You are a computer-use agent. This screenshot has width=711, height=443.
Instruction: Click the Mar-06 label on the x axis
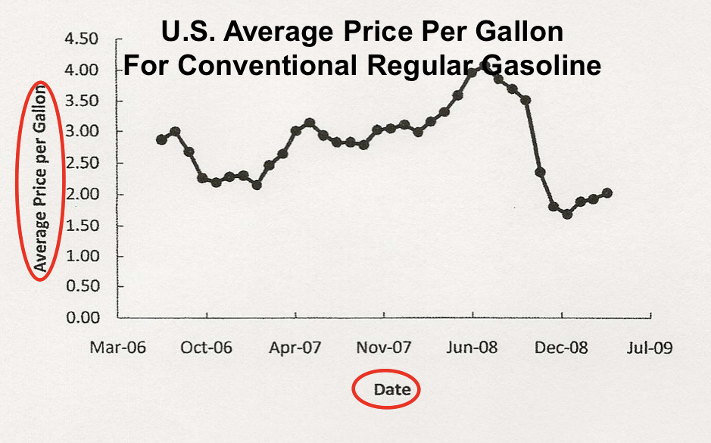(x=117, y=348)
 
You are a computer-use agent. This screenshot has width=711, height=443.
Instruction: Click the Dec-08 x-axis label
(x=561, y=348)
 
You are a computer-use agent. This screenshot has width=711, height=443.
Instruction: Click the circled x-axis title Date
(x=392, y=390)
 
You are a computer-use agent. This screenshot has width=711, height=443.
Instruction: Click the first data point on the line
(x=161, y=139)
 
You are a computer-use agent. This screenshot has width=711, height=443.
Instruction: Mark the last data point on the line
(x=607, y=193)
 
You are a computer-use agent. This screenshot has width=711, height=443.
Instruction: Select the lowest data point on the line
(x=567, y=214)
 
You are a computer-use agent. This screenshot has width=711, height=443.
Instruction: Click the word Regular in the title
(x=432, y=65)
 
